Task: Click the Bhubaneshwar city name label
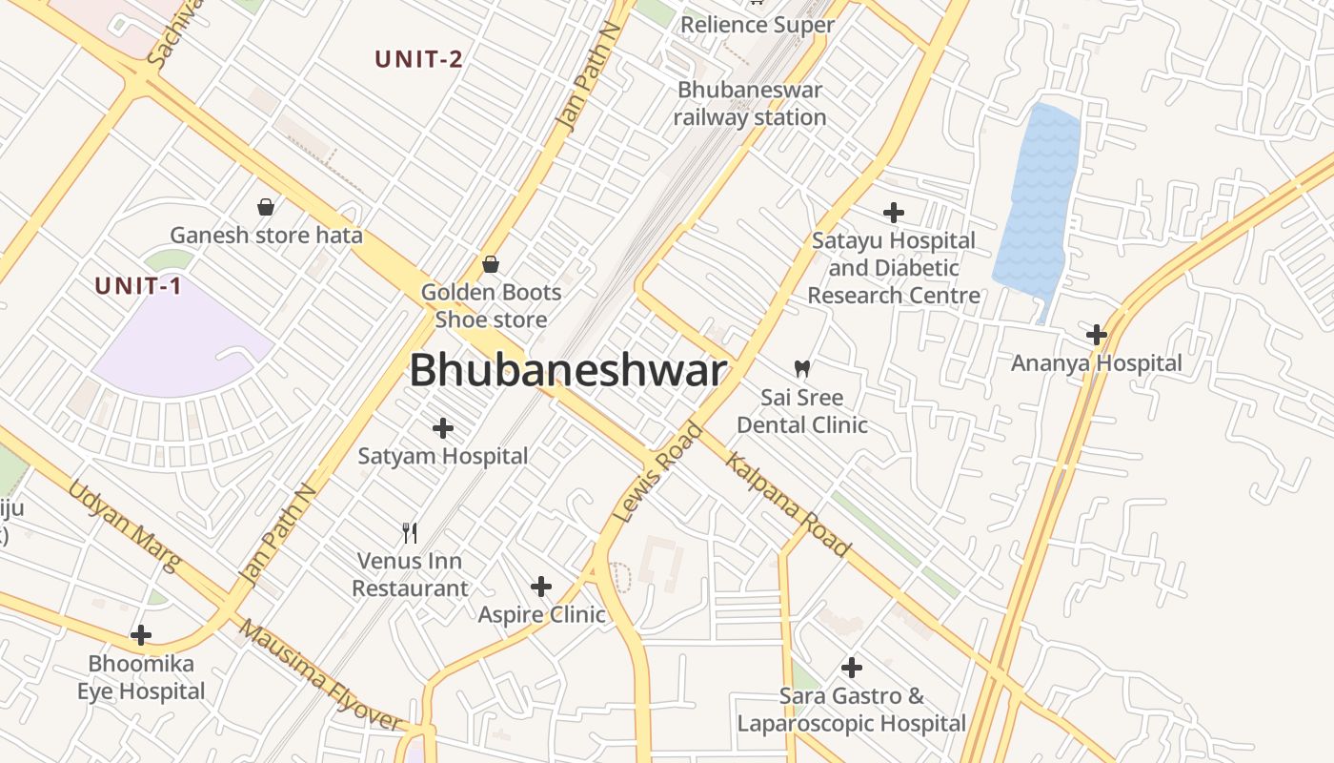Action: tap(568, 371)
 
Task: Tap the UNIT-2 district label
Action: tap(418, 59)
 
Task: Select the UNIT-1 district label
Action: tap(138, 285)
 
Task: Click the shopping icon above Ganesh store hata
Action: tap(266, 206)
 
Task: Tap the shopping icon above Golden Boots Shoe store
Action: tap(491, 264)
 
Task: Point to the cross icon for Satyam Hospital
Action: tap(443, 428)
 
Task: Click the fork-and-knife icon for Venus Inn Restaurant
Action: tap(410, 532)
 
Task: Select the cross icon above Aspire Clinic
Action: tap(541, 586)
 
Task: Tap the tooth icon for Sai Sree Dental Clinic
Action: tap(801, 368)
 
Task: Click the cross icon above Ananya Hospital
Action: tap(1097, 335)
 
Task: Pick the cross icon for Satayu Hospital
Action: tap(894, 212)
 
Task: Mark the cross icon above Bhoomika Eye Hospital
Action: tap(141, 634)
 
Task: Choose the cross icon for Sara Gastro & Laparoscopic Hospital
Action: tap(852, 668)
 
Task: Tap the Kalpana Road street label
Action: tap(787, 505)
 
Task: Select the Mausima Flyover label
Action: tap(318, 675)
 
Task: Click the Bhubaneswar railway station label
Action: tap(750, 104)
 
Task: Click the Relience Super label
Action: tap(757, 25)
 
